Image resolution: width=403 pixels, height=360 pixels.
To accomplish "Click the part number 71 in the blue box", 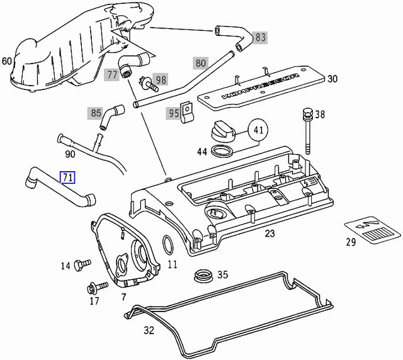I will pyautogui.click(x=67, y=177).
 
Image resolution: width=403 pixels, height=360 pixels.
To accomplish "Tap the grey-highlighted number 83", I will pyautogui.click(x=259, y=38).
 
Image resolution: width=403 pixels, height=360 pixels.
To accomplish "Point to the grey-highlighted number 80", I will pyautogui.click(x=201, y=63).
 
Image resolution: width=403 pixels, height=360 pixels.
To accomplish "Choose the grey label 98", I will pyautogui.click(x=161, y=79).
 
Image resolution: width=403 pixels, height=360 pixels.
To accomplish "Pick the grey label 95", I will pyautogui.click(x=173, y=113).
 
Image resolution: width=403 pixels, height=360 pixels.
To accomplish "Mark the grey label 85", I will pyautogui.click(x=96, y=113).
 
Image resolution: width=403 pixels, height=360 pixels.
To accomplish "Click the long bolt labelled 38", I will pyautogui.click(x=307, y=132).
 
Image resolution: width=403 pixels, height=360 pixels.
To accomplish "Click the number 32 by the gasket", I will pyautogui.click(x=149, y=330).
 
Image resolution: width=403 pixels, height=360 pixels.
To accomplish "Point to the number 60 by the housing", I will pyautogui.click(x=7, y=61).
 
